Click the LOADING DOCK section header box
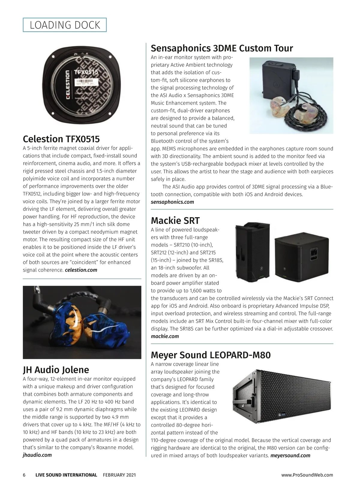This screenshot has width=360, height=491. (x=65, y=25)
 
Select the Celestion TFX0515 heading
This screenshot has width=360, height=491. (x=61, y=139)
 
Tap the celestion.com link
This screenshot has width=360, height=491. (x=81, y=270)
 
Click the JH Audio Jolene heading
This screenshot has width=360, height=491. (x=56, y=370)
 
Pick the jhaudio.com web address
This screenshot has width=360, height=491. (x=37, y=455)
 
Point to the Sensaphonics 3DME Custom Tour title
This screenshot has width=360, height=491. (x=222, y=48)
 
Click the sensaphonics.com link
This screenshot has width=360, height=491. (x=172, y=202)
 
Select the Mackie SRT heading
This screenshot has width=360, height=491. (x=175, y=220)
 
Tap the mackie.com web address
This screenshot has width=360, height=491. (x=165, y=336)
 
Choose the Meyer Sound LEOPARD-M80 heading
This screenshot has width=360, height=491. (x=211, y=355)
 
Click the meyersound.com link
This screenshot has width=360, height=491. (x=290, y=456)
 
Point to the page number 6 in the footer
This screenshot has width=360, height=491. (x=24, y=475)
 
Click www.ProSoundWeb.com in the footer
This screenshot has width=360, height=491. (x=307, y=475)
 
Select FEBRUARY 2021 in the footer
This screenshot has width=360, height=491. (x=119, y=475)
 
